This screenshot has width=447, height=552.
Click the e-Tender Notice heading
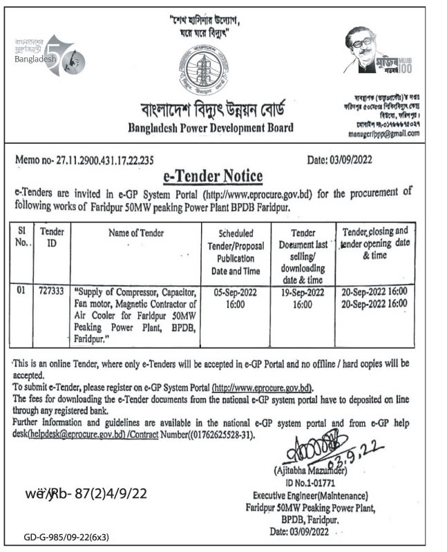coord(221,175)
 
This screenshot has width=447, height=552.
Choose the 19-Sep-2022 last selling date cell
coord(298,298)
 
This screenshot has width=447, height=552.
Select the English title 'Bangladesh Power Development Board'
coord(211,127)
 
